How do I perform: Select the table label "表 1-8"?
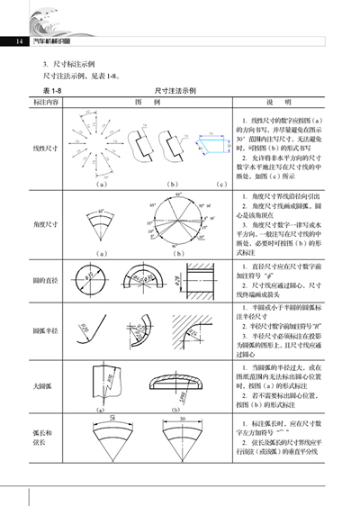click(56, 91)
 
